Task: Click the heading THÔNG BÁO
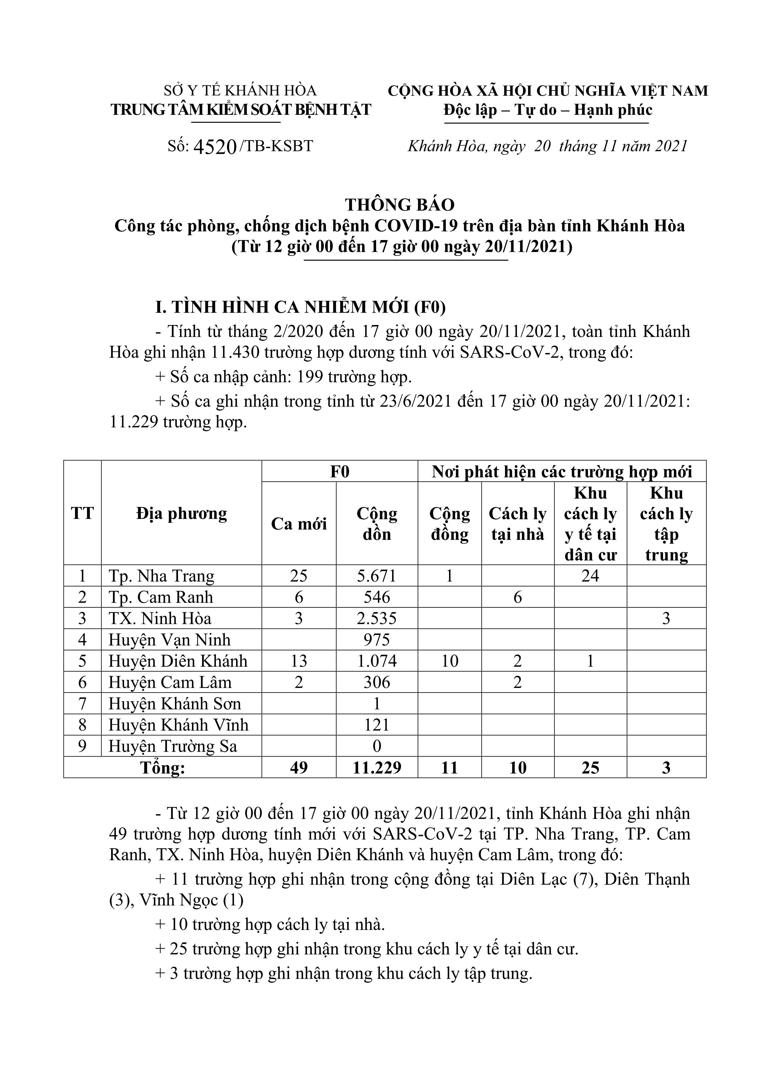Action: (x=399, y=205)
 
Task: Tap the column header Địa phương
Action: (x=181, y=513)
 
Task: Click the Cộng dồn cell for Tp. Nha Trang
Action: (x=376, y=576)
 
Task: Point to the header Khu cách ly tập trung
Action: (x=666, y=524)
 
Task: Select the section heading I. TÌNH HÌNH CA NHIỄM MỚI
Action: (x=301, y=307)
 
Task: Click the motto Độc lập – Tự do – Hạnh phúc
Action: (x=548, y=110)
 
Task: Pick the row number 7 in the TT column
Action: (x=82, y=704)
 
